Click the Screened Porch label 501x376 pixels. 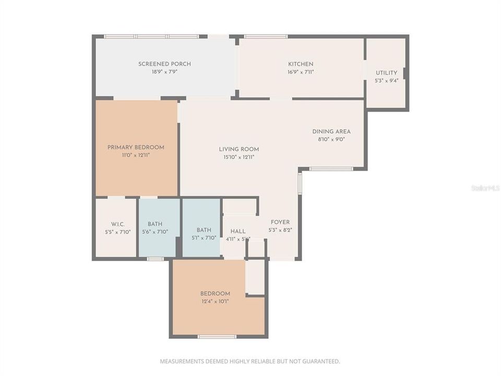[164, 64]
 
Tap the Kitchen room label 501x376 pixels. [301, 64]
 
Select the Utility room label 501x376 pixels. [386, 73]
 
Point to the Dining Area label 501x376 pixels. [331, 132]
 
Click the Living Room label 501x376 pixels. [238, 149]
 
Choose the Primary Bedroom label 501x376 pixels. [136, 147]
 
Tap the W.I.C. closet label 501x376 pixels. [117, 224]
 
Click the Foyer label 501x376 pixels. [280, 222]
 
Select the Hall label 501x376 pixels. [237, 231]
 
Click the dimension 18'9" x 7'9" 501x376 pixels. [164, 72]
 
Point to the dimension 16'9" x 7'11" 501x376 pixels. [301, 72]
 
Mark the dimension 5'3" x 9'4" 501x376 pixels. [386, 81]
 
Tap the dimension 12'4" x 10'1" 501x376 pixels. [215, 301]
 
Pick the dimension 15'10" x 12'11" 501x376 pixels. [238, 157]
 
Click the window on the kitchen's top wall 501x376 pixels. [266, 37]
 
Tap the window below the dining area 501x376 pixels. [331, 169]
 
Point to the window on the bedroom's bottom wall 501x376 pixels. [217, 336]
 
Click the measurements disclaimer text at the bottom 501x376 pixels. [250, 361]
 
